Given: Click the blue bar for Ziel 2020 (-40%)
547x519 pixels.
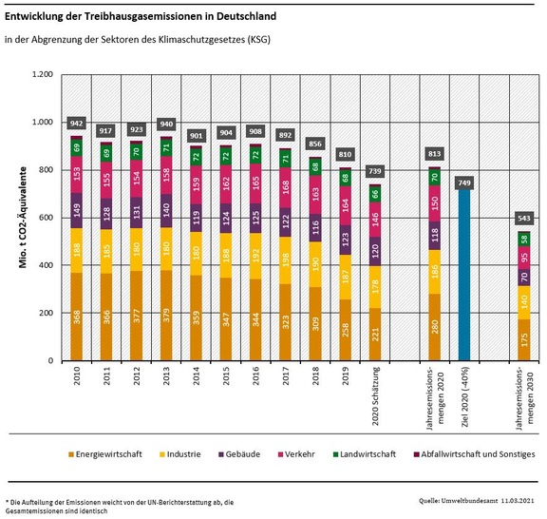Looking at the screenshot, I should [x=464, y=276].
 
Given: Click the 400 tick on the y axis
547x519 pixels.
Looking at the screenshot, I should [x=44, y=265].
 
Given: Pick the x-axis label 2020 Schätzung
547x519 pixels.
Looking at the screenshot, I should [x=377, y=398].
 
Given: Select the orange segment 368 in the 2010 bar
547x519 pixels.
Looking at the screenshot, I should [x=76, y=317].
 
